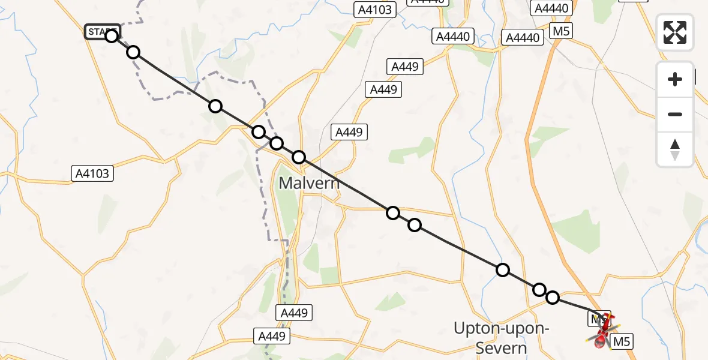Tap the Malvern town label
pyautogui.click(x=309, y=182)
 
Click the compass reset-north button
pyautogui.click(x=675, y=149)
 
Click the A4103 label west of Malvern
pyautogui.click(x=93, y=174)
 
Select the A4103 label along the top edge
pyautogui.click(x=374, y=9)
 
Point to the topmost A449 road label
pyautogui.click(x=405, y=67)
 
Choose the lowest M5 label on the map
pyautogui.click(x=620, y=342)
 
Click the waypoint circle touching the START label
pyautogui.click(x=112, y=36)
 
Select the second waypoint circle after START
pyautogui.click(x=133, y=53)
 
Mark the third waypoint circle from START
pyautogui.click(x=215, y=107)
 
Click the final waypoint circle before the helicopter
pyautogui.click(x=553, y=297)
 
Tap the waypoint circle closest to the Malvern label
pyautogui.click(x=298, y=157)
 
